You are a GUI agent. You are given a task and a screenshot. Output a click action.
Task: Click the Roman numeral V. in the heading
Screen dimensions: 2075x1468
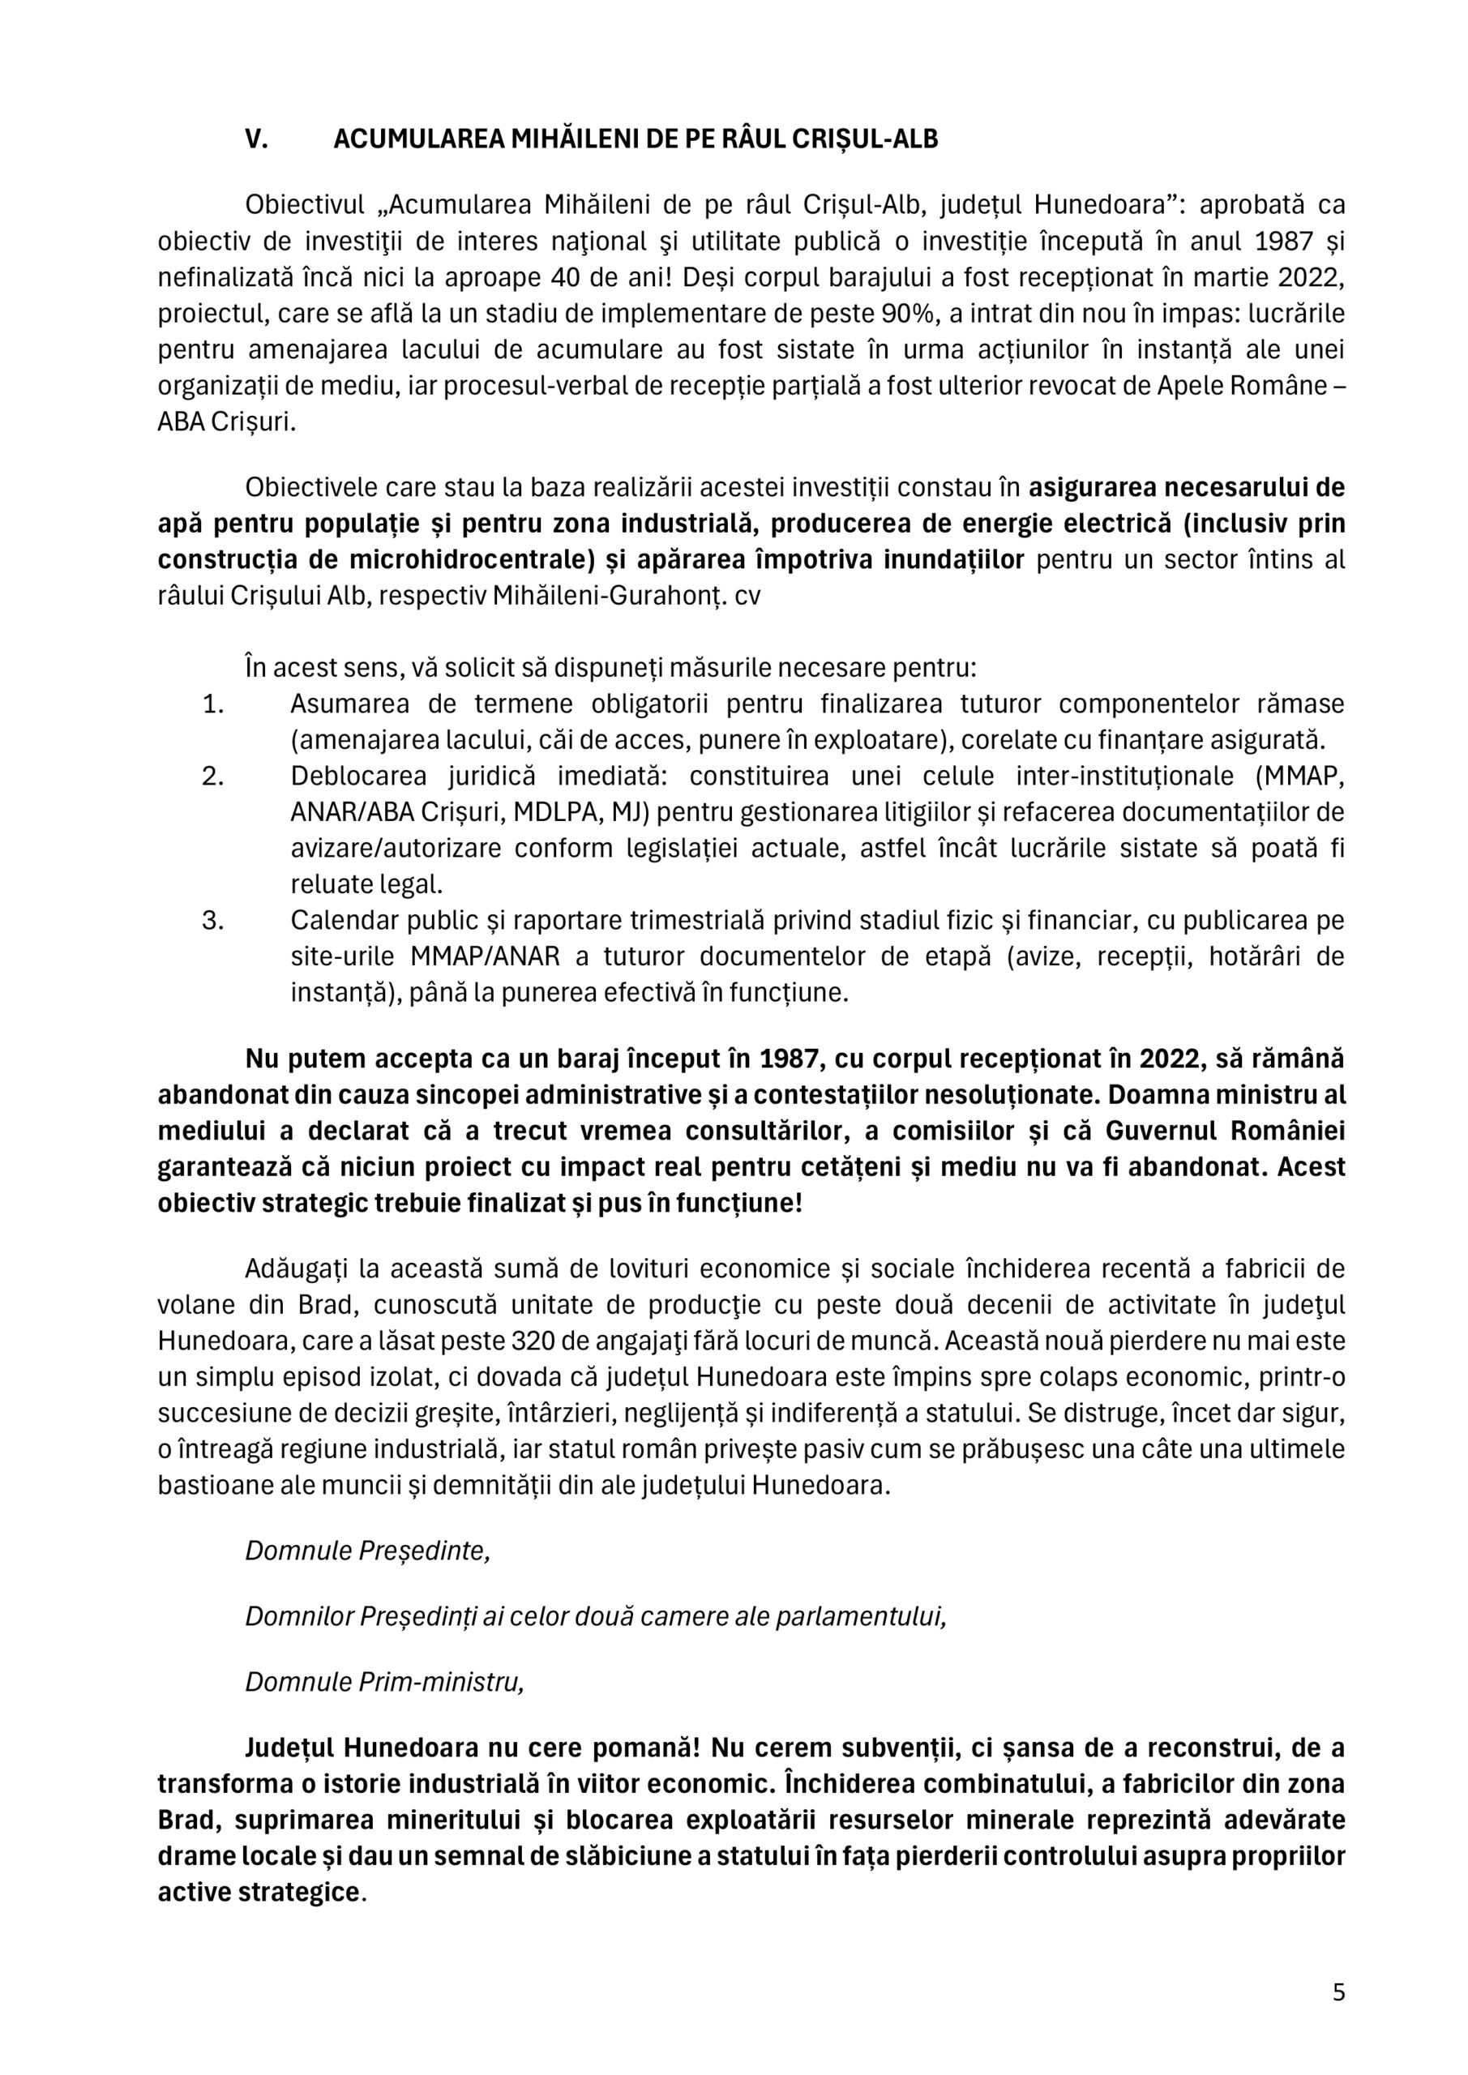257,139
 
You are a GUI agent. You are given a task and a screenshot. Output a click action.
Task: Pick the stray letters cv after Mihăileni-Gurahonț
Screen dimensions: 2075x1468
747,597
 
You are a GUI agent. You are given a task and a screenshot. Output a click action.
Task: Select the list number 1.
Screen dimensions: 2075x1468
212,704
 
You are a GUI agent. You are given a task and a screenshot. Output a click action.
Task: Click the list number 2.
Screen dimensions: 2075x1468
212,777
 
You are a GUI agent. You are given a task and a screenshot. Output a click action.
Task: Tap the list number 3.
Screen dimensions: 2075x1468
212,921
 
